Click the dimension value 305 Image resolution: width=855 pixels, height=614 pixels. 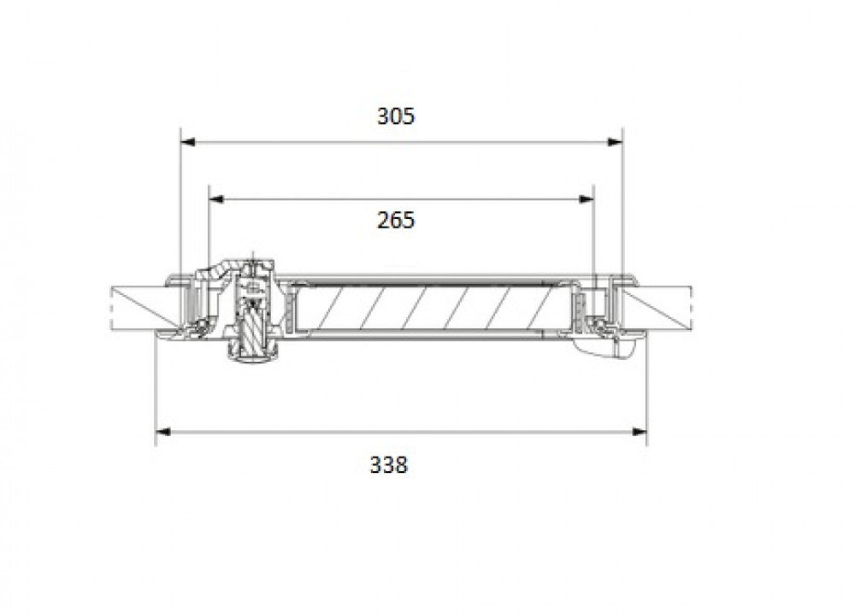[x=396, y=116]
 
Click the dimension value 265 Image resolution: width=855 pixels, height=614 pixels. [x=396, y=221]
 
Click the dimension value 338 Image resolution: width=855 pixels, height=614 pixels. [x=389, y=465]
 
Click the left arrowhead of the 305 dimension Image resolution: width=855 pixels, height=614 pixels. [x=187, y=142]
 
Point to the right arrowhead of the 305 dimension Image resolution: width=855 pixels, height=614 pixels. [x=615, y=142]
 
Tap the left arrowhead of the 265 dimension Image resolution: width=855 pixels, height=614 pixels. [x=216, y=199]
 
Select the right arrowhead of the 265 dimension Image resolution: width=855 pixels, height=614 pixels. [x=587, y=199]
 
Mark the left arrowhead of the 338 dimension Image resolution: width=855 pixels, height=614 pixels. [x=163, y=432]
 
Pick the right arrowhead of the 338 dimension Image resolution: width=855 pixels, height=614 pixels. [x=640, y=432]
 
